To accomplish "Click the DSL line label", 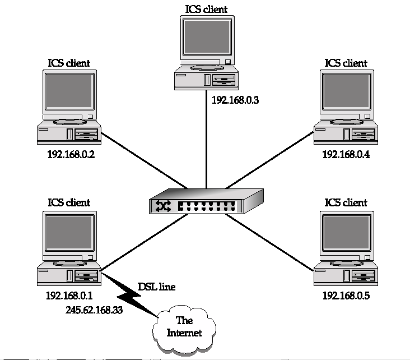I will (x=156, y=287).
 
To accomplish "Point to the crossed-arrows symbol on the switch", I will (x=164, y=206).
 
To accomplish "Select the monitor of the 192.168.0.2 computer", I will (x=68, y=94).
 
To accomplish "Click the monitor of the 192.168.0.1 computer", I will (x=68, y=233).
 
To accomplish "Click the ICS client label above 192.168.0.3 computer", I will (x=207, y=9).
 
